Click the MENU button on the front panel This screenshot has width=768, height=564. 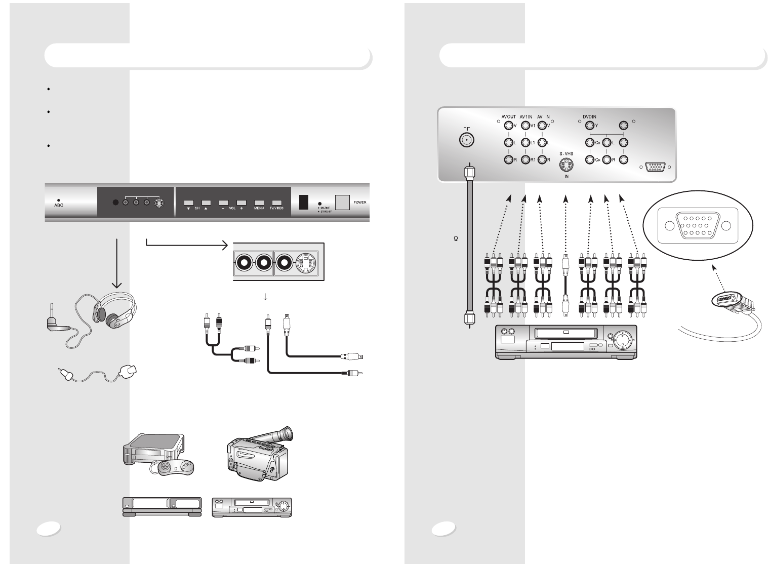(x=259, y=202)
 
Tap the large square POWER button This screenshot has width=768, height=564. (x=343, y=203)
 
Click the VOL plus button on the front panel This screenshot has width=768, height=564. (x=241, y=202)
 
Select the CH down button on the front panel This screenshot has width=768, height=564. (x=188, y=202)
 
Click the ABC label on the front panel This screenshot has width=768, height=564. (x=59, y=206)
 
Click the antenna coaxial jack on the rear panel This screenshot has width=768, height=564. (x=466, y=140)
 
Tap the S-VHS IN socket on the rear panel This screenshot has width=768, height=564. (x=567, y=164)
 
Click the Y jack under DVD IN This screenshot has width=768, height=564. (x=589, y=126)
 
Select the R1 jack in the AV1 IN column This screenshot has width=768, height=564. (x=525, y=160)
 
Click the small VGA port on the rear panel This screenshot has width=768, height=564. (x=655, y=167)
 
